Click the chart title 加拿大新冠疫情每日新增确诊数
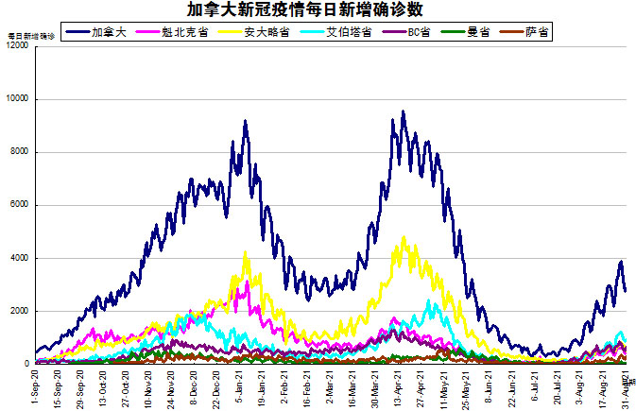coord(318,10)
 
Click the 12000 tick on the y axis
coord(16,46)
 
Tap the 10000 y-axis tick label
coord(16,99)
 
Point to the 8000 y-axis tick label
coord(19,152)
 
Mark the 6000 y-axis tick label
coord(19,205)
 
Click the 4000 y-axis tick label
coord(19,258)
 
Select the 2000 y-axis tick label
coord(19,311)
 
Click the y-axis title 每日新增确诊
coord(31,36)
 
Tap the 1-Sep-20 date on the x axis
coord(35,385)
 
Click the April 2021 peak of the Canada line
coord(404,111)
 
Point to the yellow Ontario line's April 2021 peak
coord(404,237)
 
